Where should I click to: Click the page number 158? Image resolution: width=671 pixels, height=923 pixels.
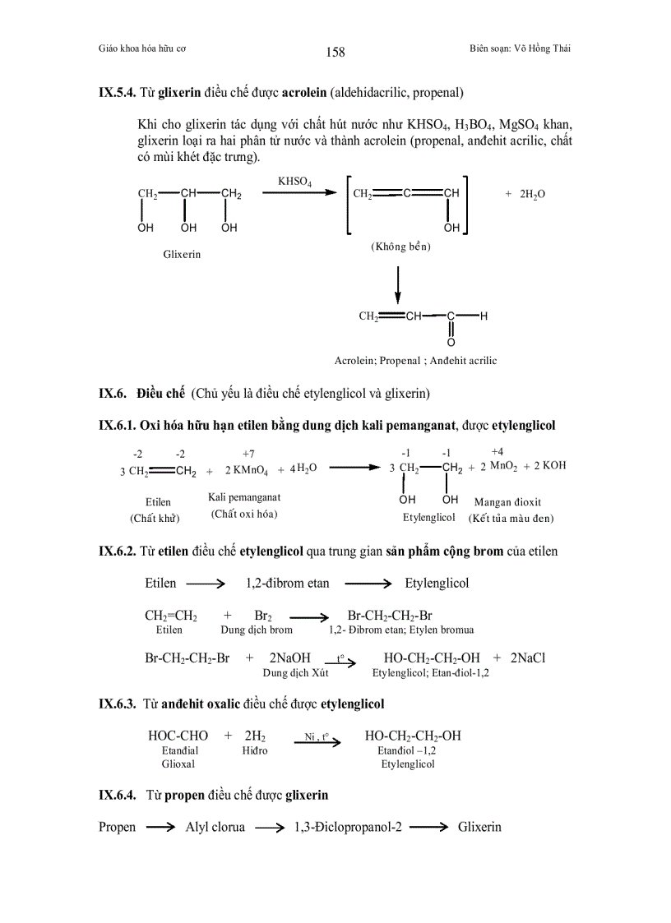[335, 53]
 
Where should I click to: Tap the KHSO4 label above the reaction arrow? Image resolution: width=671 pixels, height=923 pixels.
[295, 181]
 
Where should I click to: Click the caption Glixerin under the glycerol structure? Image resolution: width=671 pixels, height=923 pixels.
[182, 254]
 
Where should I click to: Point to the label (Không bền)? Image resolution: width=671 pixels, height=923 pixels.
[401, 247]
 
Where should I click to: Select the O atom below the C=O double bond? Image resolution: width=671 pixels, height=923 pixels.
[451, 342]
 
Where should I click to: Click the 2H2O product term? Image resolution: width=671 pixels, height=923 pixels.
[532, 194]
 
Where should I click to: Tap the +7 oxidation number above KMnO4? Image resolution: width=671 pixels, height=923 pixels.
[248, 453]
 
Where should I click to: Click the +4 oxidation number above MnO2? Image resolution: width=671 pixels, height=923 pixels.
[497, 451]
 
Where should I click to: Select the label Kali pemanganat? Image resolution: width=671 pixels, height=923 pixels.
[244, 498]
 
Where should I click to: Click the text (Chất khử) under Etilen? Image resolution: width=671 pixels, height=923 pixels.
[155, 518]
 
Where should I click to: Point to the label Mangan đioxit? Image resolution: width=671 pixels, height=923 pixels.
[507, 501]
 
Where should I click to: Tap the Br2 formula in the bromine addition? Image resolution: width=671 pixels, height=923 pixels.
[263, 616]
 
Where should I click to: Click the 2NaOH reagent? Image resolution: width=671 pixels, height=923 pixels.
[289, 658]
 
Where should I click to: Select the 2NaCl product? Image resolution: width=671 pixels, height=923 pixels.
[528, 658]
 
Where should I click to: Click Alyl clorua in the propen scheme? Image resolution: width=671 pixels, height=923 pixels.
[215, 828]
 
